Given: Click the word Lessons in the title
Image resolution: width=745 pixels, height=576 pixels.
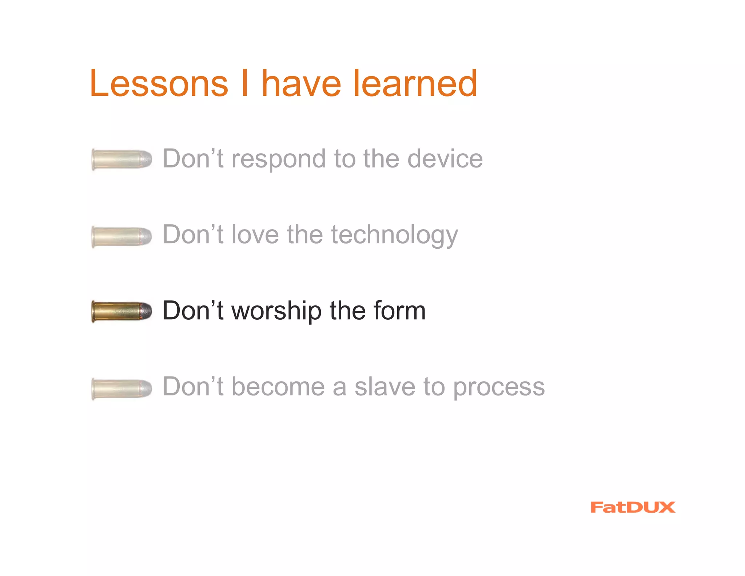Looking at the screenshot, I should (159, 84).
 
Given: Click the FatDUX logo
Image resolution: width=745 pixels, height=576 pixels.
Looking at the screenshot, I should (633, 507).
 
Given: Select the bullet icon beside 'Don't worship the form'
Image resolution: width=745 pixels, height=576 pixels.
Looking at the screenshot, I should (121, 311).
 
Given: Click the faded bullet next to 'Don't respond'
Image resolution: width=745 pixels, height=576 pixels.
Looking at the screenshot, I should (121, 159).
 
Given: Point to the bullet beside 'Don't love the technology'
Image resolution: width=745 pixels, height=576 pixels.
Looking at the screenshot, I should (121, 236).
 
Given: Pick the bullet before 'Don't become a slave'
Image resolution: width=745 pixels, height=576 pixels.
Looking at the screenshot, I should (121, 388).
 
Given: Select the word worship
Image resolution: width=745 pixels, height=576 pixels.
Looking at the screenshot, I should (276, 311).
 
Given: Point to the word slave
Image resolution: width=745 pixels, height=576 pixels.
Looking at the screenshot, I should (385, 387).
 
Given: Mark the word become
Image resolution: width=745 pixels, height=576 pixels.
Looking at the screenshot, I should (278, 387).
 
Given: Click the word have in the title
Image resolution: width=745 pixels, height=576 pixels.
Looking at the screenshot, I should (301, 84).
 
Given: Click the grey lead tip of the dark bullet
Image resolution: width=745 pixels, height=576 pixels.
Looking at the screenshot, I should (146, 311).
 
